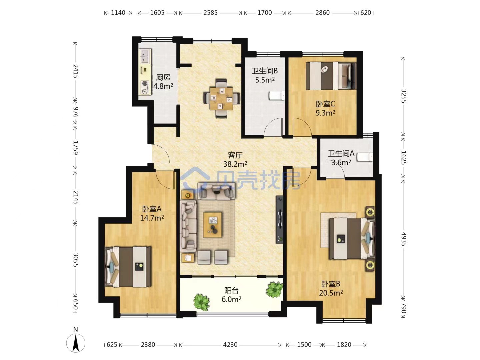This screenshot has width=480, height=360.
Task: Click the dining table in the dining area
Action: [x=221, y=99]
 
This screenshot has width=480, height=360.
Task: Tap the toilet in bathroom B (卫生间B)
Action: [x=277, y=96]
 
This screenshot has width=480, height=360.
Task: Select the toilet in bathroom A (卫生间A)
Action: [x=365, y=157]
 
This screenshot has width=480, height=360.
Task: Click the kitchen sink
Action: [x=145, y=56]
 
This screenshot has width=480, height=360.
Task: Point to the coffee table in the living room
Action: [x=212, y=225]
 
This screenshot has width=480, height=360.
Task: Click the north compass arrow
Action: [x=76, y=343]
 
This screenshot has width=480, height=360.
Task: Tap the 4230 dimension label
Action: [x=230, y=345]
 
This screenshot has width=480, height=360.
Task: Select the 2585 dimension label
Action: [x=210, y=13]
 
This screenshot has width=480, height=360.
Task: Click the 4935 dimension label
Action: [x=403, y=239]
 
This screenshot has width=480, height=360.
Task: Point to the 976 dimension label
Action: [x=75, y=112]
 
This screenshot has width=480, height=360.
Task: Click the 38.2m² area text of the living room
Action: [x=235, y=164]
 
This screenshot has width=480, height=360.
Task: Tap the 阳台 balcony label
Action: [x=231, y=290]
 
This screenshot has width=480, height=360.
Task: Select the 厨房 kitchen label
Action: [x=163, y=77]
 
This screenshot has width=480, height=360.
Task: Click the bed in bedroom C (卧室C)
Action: [x=331, y=76]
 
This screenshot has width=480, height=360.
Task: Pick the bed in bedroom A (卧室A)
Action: [x=128, y=267]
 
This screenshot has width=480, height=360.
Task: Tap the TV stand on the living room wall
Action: [x=279, y=219]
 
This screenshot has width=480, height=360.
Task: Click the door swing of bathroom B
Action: [x=273, y=127]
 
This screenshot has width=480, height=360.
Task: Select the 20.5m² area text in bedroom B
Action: [x=331, y=293]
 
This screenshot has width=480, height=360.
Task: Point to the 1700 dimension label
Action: [x=265, y=13]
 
